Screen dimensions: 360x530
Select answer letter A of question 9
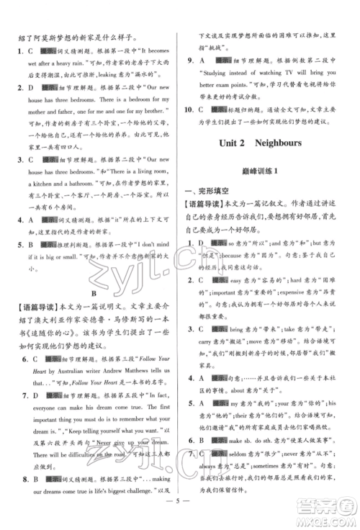coord(204,63)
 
